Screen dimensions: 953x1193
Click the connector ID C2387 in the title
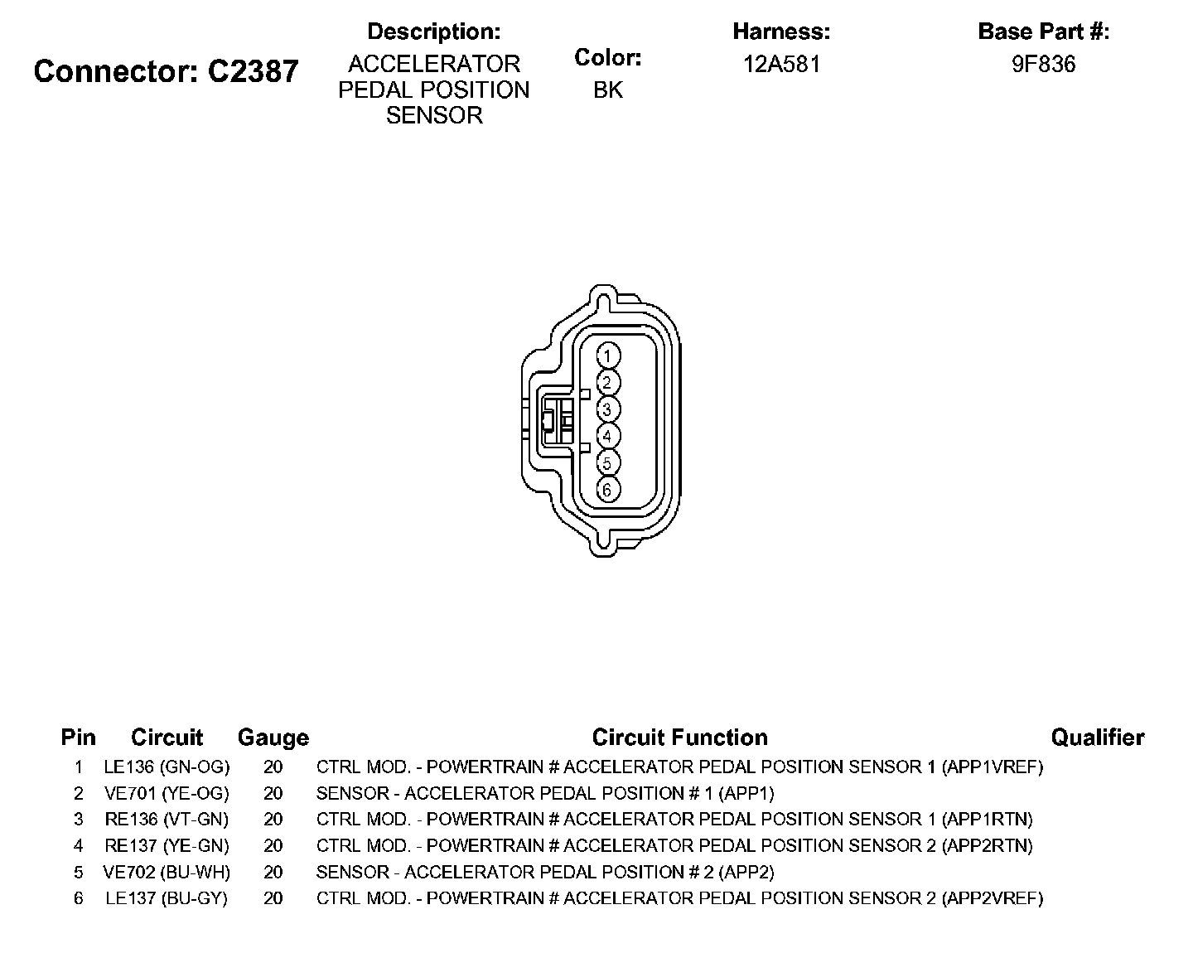[x=253, y=71]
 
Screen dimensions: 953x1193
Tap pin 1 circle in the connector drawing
[x=607, y=356]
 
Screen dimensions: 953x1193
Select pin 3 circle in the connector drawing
[x=607, y=409]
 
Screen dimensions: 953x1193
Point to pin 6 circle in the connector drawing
[x=607, y=490]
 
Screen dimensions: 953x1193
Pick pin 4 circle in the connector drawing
[x=607, y=436]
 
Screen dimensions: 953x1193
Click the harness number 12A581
[x=781, y=65]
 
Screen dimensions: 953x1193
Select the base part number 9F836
[x=1043, y=65]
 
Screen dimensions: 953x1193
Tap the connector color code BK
[x=607, y=90]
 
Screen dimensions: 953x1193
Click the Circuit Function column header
[x=679, y=738]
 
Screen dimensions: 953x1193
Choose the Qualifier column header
[x=1097, y=738]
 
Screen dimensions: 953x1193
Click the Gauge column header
[x=273, y=738]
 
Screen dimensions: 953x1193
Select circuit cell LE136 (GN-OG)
[x=167, y=767]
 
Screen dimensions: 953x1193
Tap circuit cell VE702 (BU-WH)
[x=167, y=872]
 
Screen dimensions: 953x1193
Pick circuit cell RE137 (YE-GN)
[x=167, y=845]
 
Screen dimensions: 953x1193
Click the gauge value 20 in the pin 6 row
[x=273, y=898]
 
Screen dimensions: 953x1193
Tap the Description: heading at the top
[x=433, y=32]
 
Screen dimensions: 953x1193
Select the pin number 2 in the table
[x=79, y=793]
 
